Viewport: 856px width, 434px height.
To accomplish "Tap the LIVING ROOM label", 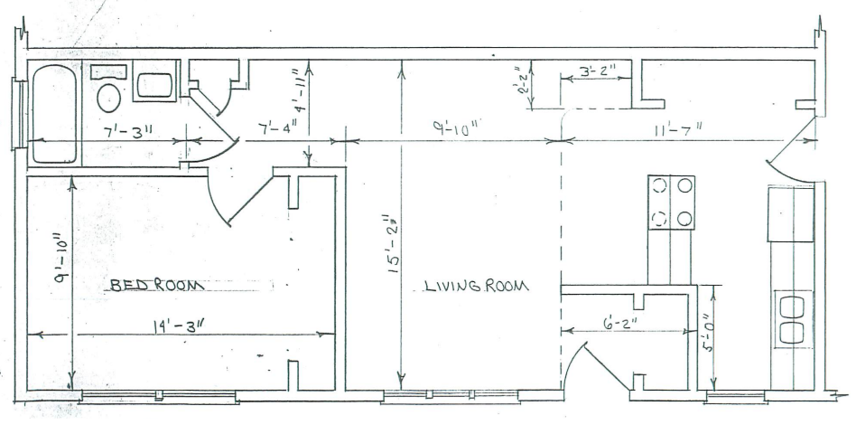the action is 477,286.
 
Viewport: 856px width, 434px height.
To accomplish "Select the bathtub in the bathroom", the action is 53,114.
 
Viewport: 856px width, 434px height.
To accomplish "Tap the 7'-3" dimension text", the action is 127,132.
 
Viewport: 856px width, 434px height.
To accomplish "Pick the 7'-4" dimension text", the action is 278,129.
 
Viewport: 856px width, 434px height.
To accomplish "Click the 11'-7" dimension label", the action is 678,129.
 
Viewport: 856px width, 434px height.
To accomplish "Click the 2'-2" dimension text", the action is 524,80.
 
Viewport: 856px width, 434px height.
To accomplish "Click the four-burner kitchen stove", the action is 671,202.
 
